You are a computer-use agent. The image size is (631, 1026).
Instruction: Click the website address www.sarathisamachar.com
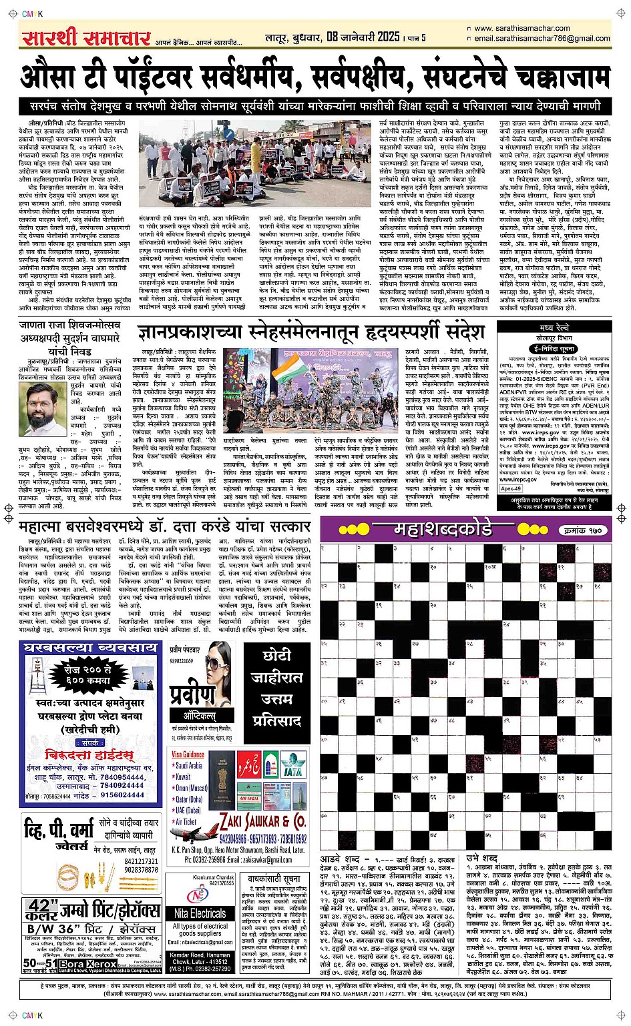pyautogui.click(x=521, y=28)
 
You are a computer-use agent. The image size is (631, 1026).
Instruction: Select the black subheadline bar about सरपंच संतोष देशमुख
pyautogui.click(x=315, y=107)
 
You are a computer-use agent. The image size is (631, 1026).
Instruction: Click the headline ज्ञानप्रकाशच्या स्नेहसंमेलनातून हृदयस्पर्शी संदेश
pyautogui.click(x=310, y=332)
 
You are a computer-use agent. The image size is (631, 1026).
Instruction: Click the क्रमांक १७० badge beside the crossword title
pyautogui.click(x=582, y=530)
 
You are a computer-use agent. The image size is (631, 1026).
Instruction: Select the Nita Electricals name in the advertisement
pyautogui.click(x=200, y=913)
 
